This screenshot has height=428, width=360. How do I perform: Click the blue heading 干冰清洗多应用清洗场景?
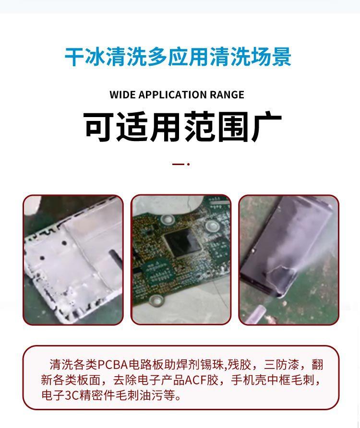[x=178, y=57]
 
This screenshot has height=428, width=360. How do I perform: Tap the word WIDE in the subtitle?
[x=122, y=95]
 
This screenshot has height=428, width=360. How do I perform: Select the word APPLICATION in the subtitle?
[x=172, y=95]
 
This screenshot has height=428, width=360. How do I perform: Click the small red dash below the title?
[x=178, y=164]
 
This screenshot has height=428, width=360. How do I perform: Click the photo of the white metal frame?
[x=73, y=260]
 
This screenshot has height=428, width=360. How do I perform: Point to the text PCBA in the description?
[x=114, y=365]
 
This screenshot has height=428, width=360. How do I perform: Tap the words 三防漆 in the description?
[x=281, y=365]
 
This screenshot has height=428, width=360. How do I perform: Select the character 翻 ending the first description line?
[x=317, y=365]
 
